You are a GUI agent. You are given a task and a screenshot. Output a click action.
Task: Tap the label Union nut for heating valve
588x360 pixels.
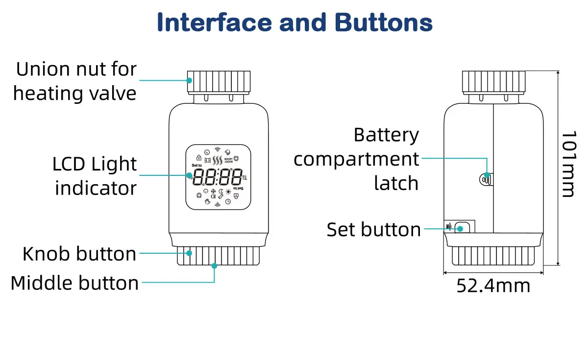coord(75,81)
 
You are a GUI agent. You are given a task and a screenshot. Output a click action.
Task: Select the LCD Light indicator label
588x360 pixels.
coord(95,176)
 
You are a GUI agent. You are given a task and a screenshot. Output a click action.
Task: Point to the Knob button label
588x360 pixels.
coord(79,254)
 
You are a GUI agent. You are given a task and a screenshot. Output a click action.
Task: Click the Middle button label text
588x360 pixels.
coord(74,283)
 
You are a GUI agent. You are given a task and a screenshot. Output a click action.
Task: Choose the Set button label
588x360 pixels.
coord(373,230)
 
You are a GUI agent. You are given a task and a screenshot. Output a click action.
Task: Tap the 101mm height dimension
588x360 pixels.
coord(567,164)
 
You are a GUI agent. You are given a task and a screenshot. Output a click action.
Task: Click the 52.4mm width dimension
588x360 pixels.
coord(493,286)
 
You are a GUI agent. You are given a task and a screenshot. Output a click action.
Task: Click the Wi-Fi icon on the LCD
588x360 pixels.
coord(218,149)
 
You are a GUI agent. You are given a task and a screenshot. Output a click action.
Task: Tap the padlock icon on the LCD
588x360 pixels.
coord(198,158)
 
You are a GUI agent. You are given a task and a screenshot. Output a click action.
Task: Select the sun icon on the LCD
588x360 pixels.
coord(228,192)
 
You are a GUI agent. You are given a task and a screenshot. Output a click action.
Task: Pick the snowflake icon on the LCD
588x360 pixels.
coord(213,192)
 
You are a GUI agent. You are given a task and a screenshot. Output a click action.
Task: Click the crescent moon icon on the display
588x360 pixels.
coord(221,192)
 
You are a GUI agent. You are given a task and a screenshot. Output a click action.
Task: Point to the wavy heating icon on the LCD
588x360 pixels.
coord(218,159)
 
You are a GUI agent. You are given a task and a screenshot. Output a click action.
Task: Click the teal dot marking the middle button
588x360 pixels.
coord(214,265)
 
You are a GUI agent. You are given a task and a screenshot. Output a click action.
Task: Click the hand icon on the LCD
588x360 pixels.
coord(207,201)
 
